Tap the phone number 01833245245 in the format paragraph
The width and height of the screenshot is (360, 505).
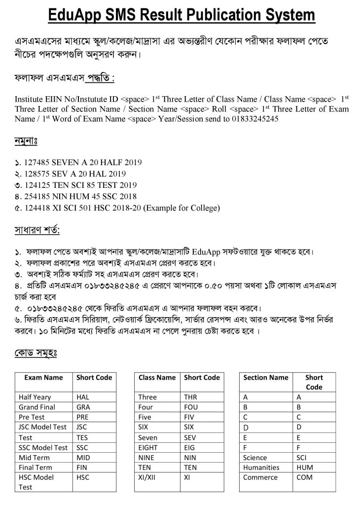pyautogui.click(x=252, y=119)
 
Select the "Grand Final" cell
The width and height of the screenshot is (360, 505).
pyautogui.click(x=36, y=407)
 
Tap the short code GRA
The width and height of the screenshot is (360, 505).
pyautogui.click(x=83, y=407)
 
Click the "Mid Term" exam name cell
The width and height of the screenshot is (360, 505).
pyautogui.click(x=34, y=457)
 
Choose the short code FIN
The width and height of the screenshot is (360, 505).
pyautogui.click(x=82, y=467)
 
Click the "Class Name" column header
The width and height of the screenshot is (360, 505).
pyautogui.click(x=157, y=377)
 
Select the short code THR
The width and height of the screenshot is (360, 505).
pyautogui.click(x=190, y=397)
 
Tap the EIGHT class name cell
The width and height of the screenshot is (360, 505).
pyautogui.click(x=148, y=447)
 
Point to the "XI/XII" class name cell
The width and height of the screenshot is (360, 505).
pyautogui.click(x=148, y=477)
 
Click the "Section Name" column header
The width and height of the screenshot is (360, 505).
pyautogui.click(x=266, y=377)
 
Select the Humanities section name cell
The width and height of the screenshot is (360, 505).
pyautogui.click(x=261, y=467)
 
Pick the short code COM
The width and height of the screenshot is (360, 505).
pyautogui.click(x=304, y=477)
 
